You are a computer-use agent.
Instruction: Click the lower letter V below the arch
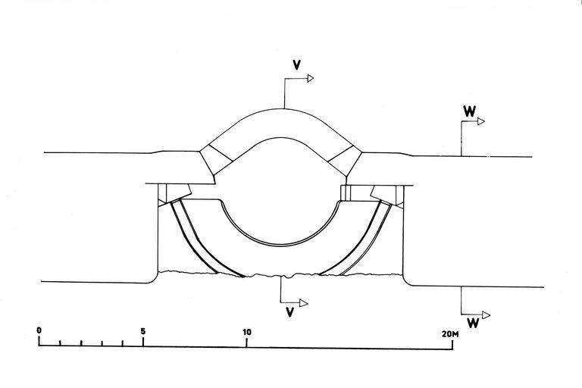[290, 311]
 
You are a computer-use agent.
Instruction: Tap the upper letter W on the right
[469, 110]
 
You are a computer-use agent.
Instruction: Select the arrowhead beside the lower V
[303, 303]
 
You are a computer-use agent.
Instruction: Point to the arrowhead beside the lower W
[487, 314]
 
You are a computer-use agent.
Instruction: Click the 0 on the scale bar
[39, 331]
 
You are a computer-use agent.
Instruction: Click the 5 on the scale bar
[143, 331]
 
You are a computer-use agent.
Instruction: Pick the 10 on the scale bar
[246, 331]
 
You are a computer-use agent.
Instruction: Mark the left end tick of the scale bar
[39, 343]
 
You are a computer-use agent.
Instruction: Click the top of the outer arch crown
[284, 107]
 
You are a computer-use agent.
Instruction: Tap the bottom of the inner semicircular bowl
[280, 246]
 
